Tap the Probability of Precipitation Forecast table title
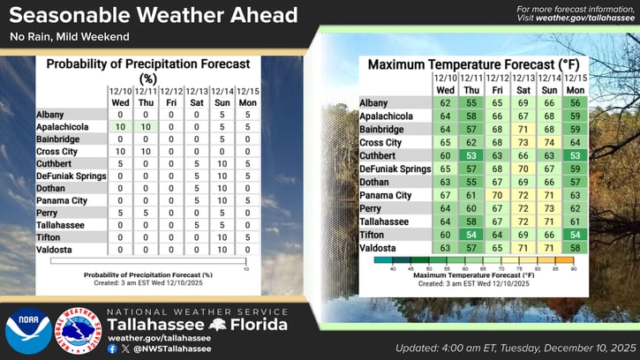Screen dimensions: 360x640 point(148,70)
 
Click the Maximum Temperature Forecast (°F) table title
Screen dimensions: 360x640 point(468,65)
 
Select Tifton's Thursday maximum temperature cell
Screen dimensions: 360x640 point(472,234)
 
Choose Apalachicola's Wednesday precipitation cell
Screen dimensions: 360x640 point(121,127)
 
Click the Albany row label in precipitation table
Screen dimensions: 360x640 point(50,115)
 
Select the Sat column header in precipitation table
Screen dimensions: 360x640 point(197,102)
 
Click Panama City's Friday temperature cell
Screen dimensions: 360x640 point(498,195)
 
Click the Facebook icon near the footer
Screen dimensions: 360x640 point(112,349)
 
